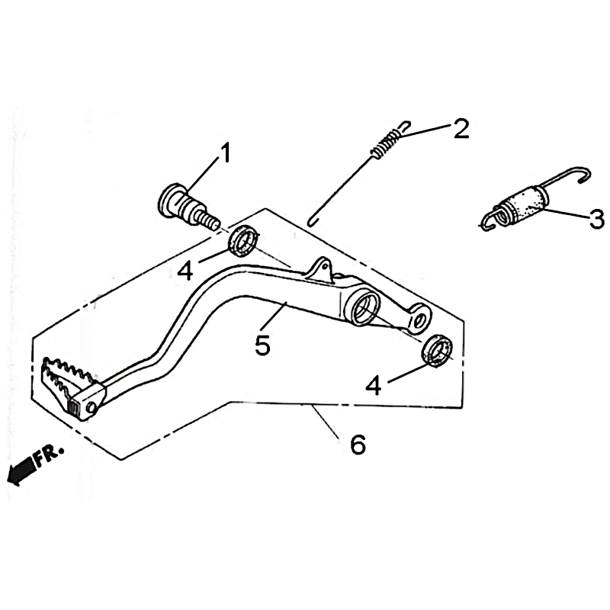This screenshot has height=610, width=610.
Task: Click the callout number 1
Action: point(225,152)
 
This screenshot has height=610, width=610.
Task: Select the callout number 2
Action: point(461,129)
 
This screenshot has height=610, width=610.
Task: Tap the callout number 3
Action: point(597,219)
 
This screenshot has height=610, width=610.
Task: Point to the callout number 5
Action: point(262,345)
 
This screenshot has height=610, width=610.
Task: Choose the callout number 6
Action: point(358,445)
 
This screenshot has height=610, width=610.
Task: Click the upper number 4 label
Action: point(185,271)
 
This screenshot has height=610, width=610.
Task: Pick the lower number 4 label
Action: point(374,386)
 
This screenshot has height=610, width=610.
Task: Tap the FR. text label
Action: point(49,456)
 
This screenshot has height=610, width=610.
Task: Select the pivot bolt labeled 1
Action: point(188,208)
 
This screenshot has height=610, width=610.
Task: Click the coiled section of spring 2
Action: point(385,143)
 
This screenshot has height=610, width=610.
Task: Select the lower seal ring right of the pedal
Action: point(437,349)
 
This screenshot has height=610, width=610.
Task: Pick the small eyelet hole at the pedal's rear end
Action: point(419,320)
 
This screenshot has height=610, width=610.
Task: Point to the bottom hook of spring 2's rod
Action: point(313,223)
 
